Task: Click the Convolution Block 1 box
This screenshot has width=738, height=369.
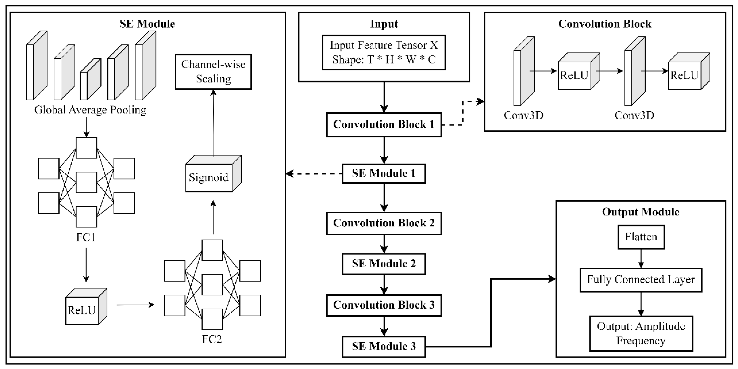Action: [384, 125]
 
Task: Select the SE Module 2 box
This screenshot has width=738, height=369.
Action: [384, 264]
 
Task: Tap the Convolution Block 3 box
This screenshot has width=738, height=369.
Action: [384, 305]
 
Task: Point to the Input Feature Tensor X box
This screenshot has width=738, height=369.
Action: [384, 53]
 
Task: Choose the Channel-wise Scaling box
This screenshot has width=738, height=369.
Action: [214, 72]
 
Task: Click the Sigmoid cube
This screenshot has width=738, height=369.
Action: [209, 177]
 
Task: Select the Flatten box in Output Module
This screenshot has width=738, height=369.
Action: [641, 237]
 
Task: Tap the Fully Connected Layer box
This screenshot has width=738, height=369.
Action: [641, 280]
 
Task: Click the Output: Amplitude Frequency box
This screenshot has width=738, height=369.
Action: [641, 333]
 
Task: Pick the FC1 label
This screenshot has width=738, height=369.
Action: [86, 237]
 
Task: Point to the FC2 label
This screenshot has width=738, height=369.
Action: [212, 339]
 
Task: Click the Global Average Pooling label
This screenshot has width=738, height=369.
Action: [90, 110]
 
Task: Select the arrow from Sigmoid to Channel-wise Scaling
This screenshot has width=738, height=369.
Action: [214, 123]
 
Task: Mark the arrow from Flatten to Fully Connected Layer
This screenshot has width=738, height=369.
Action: [641, 259]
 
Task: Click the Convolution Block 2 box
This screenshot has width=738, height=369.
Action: [384, 223]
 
